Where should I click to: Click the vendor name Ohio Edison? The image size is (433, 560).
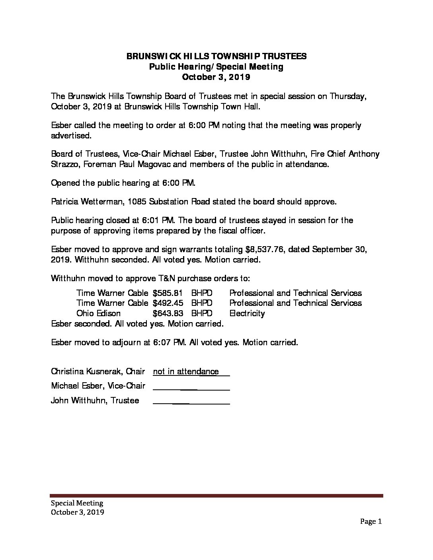(98, 313)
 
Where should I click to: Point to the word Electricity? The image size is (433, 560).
(247, 313)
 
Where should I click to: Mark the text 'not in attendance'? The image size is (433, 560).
(186, 371)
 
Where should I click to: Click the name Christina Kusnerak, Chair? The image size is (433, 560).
(98, 371)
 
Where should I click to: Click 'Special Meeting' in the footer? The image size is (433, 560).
(77, 504)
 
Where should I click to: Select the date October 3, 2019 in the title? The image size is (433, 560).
(216, 77)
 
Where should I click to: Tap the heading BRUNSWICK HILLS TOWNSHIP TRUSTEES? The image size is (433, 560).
(216, 56)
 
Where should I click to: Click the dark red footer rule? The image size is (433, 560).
(216, 496)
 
